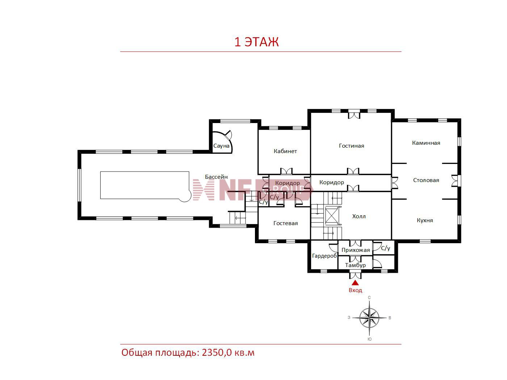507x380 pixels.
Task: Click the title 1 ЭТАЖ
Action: tap(256, 42)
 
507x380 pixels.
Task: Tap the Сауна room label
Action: tap(221, 146)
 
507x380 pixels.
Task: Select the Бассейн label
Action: tap(216, 177)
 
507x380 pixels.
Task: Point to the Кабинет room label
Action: tap(285, 151)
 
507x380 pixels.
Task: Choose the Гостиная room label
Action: tap(351, 146)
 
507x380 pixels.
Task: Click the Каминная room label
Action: tap(426, 143)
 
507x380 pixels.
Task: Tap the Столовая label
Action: tap(426, 180)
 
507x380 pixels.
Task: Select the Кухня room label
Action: tap(424, 220)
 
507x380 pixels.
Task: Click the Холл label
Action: tap(359, 216)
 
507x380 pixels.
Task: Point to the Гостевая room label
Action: tap(285, 223)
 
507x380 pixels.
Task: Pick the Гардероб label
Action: tap(324, 256)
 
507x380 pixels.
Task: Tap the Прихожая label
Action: tap(356, 250)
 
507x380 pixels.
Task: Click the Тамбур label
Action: tap(355, 265)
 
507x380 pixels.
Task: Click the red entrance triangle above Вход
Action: tap(355, 283)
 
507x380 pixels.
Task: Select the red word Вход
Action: tap(355, 290)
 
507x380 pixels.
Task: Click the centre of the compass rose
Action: tap(369, 318)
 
